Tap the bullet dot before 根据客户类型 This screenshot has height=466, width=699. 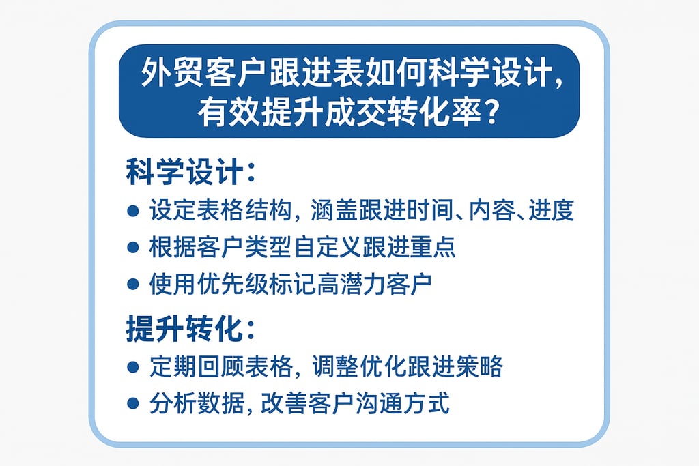133,248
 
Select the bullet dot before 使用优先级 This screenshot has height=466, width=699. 133,285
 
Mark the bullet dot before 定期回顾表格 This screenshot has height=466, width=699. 133,367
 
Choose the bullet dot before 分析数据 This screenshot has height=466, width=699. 133,404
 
